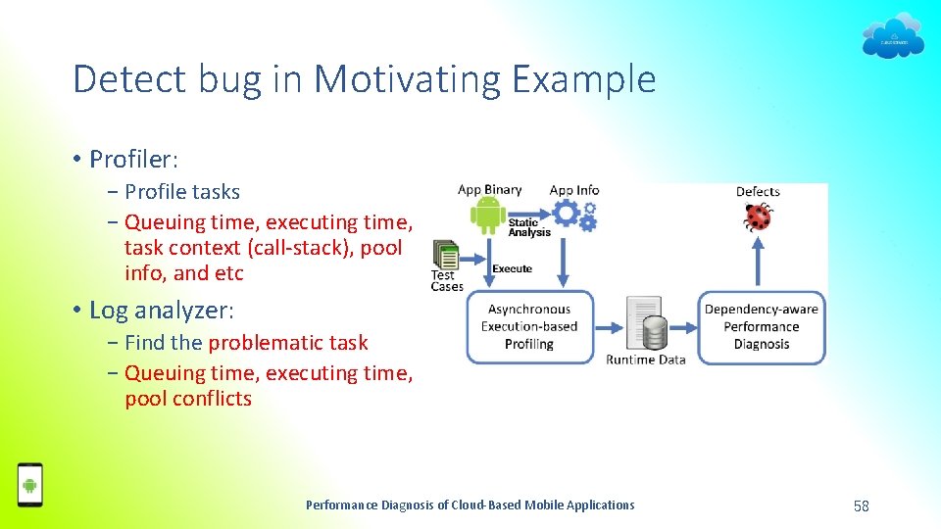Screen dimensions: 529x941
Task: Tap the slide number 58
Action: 862,505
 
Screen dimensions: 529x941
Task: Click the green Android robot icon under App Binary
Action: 487,216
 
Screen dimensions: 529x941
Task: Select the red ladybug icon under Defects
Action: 758,216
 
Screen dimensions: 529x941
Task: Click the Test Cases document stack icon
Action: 446,257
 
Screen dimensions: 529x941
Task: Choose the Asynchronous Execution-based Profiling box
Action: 529,327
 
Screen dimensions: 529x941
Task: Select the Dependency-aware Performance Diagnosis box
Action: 761,327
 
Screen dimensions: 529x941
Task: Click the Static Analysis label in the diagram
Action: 529,227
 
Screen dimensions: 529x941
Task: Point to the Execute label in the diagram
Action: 512,268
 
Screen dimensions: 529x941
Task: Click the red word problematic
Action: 287,343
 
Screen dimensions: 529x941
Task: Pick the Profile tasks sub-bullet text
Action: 182,192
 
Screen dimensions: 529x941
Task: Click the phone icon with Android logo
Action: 30,485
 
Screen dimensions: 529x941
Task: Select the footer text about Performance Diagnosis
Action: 470,505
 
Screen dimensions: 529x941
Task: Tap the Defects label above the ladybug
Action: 758,191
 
